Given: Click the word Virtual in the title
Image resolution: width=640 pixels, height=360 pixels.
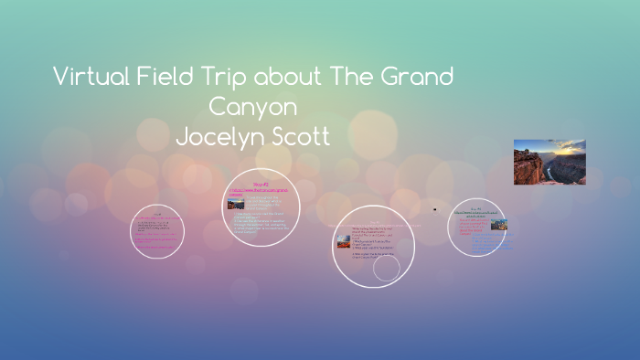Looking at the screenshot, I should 91,77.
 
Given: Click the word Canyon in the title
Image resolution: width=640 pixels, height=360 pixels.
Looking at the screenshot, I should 254,107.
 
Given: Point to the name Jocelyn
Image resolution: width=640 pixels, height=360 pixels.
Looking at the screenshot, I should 219,136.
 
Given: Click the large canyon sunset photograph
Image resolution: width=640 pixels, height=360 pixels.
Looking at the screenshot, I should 549,162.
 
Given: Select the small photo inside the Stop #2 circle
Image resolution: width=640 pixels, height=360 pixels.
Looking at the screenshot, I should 235,205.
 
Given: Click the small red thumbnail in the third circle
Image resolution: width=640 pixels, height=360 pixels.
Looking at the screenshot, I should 342,239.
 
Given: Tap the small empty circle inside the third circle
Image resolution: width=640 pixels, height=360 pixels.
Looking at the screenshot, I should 387,268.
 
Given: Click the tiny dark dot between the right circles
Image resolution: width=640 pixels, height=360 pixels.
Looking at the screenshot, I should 435,210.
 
